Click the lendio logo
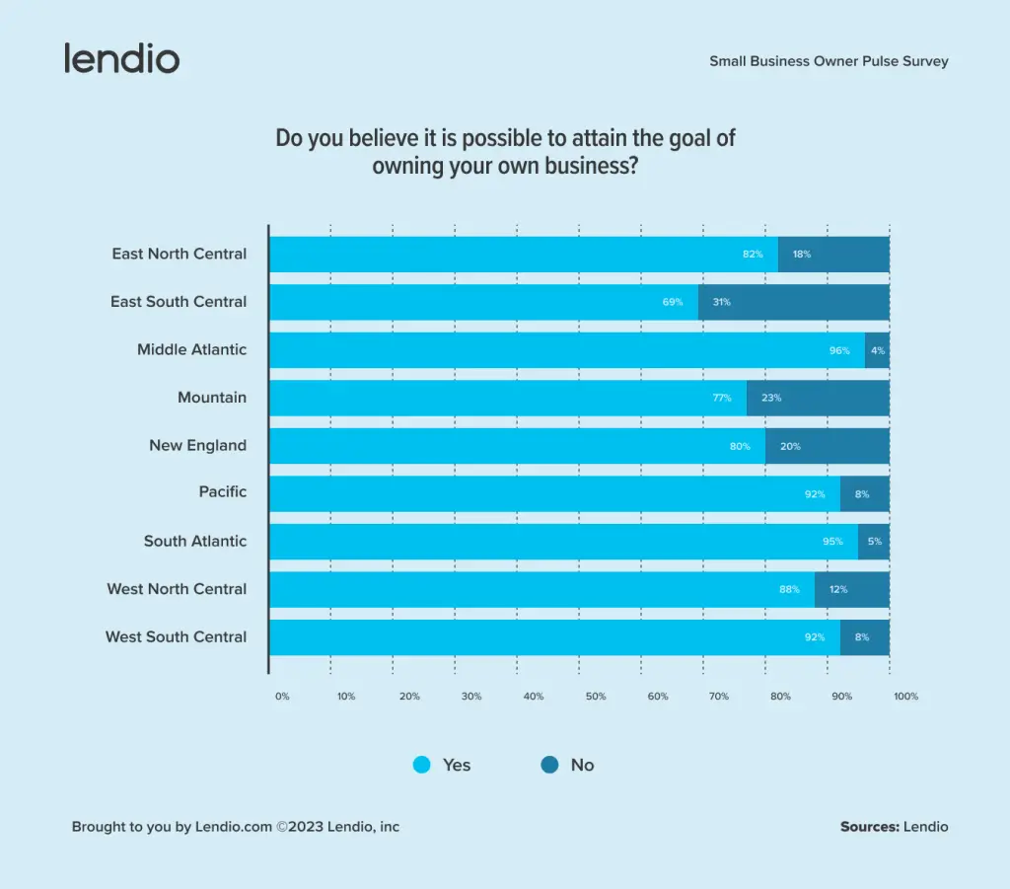122,58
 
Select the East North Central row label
179,254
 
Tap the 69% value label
673,302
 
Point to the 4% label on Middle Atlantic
878,350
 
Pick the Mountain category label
212,398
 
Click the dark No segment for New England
828,446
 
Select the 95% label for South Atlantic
833,542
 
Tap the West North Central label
177,589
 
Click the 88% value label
788,589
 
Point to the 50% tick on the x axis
596,697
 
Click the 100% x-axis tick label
905,697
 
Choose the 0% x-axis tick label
282,697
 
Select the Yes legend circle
422,765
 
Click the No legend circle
550,765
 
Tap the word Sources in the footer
869,827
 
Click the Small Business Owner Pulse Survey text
829,61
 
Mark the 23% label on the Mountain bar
771,399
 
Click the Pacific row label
223,492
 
